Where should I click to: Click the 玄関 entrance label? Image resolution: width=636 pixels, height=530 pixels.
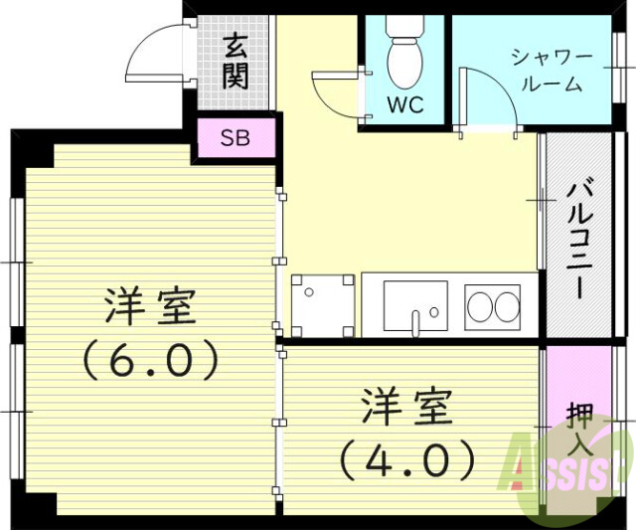[x=235, y=61]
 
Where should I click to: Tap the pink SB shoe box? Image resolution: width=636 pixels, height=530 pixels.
[x=236, y=137]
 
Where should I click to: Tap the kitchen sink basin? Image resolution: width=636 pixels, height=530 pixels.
[x=414, y=306]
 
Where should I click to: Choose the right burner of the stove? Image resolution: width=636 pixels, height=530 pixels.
[x=505, y=306]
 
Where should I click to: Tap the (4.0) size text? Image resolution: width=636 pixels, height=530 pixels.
[x=405, y=457]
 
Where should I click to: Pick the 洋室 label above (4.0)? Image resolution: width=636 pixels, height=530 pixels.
[x=405, y=407]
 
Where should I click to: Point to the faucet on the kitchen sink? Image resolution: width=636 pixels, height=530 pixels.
[x=414, y=320]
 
